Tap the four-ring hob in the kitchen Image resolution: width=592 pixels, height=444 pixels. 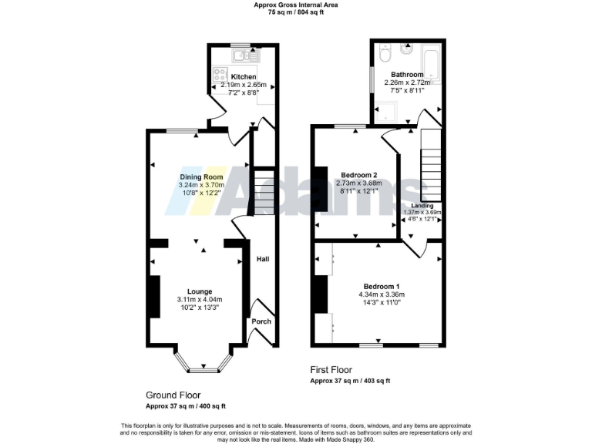point(219,76)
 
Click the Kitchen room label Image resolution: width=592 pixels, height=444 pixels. point(243,77)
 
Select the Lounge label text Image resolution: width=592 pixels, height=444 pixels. point(199,291)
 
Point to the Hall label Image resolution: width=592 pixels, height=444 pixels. point(262,260)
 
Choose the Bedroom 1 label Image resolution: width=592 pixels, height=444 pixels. point(381,286)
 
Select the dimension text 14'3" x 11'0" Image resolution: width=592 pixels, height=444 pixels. point(381,303)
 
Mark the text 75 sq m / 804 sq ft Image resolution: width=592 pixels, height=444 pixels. point(296,12)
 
